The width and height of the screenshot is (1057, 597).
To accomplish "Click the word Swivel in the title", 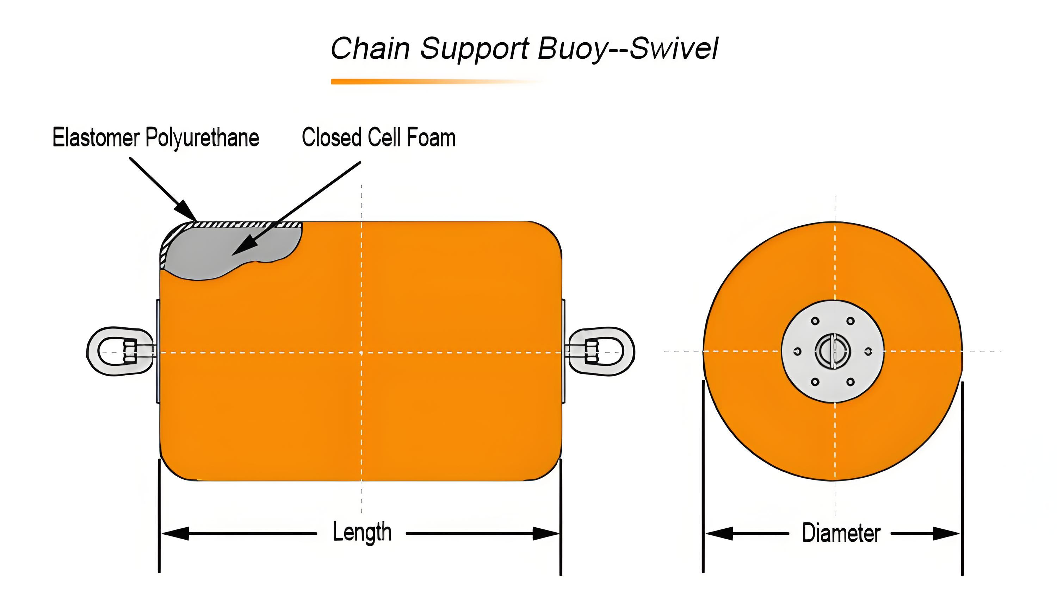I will pyautogui.click(x=673, y=48).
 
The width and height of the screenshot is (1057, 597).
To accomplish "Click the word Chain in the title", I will pyautogui.click(x=370, y=48).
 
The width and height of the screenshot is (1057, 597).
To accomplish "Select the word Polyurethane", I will pyautogui.click(x=202, y=138).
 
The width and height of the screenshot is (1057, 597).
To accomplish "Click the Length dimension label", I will pyautogui.click(x=361, y=532).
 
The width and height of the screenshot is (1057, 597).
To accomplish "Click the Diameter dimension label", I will pyautogui.click(x=841, y=533).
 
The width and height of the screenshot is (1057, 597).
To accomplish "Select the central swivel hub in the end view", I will pyautogui.click(x=833, y=351).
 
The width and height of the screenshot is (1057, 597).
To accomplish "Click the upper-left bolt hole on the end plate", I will pyautogui.click(x=815, y=321).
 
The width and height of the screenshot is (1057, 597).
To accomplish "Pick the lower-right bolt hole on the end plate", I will pyautogui.click(x=851, y=382).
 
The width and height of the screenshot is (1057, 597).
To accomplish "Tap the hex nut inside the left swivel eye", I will pyautogui.click(x=130, y=351).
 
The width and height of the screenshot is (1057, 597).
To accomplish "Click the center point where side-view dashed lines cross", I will pyautogui.click(x=361, y=352).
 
